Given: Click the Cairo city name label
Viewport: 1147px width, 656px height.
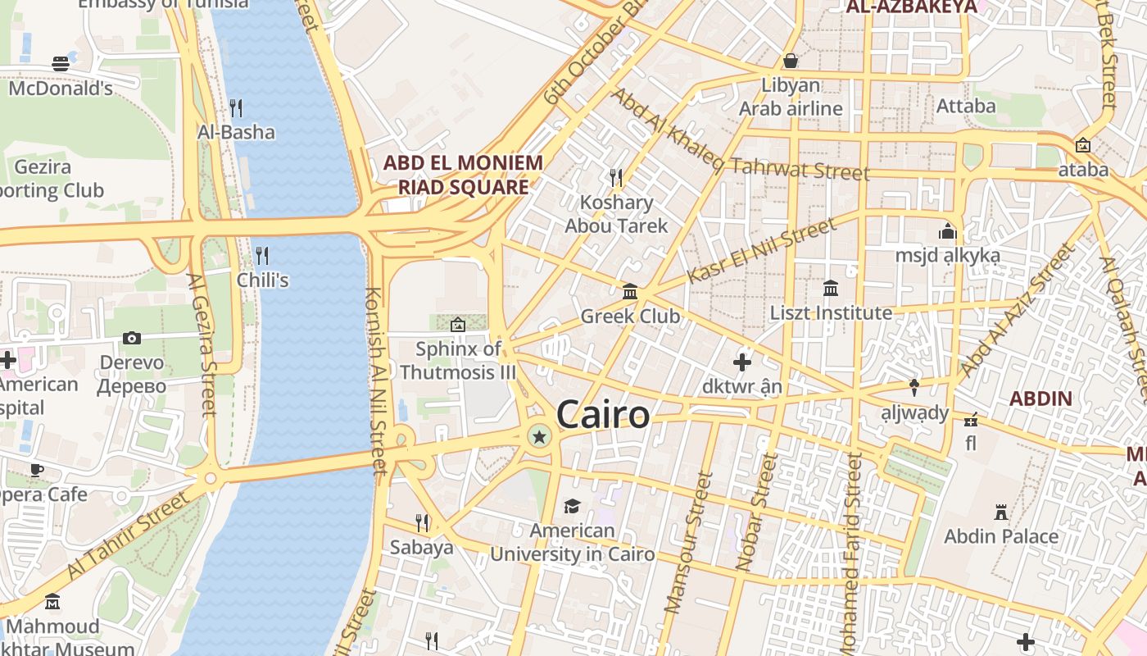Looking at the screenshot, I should (603, 415).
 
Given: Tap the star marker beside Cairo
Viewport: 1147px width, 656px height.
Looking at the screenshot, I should (539, 438).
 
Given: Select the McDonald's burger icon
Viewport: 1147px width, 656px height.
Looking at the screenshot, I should (61, 64).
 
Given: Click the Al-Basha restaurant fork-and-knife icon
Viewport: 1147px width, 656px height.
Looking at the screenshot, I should (236, 107).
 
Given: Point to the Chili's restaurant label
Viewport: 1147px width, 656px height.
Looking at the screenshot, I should (263, 280).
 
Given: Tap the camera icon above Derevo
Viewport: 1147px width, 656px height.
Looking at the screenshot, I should (131, 338).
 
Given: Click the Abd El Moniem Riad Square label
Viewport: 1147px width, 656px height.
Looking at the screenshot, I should (463, 175).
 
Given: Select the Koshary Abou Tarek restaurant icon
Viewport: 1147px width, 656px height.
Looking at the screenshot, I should (616, 177).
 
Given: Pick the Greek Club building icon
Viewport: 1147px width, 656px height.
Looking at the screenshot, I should (630, 291).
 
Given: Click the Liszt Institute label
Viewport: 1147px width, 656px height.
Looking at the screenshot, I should (831, 312).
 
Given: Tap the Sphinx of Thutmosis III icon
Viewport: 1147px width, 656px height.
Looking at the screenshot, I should (457, 325).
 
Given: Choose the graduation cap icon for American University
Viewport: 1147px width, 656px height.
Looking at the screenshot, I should (572, 507).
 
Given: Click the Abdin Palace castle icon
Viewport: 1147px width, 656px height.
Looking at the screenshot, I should (1000, 512).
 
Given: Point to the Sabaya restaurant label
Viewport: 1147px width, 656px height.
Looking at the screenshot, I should (421, 547).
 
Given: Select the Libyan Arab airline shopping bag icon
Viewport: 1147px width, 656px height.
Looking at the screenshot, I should (791, 61).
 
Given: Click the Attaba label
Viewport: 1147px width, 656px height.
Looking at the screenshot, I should (966, 106).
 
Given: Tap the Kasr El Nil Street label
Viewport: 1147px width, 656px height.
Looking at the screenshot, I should (762, 250).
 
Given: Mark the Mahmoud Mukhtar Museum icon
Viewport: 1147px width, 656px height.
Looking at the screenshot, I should (52, 603).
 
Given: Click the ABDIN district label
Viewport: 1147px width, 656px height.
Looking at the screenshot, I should (1040, 399).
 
